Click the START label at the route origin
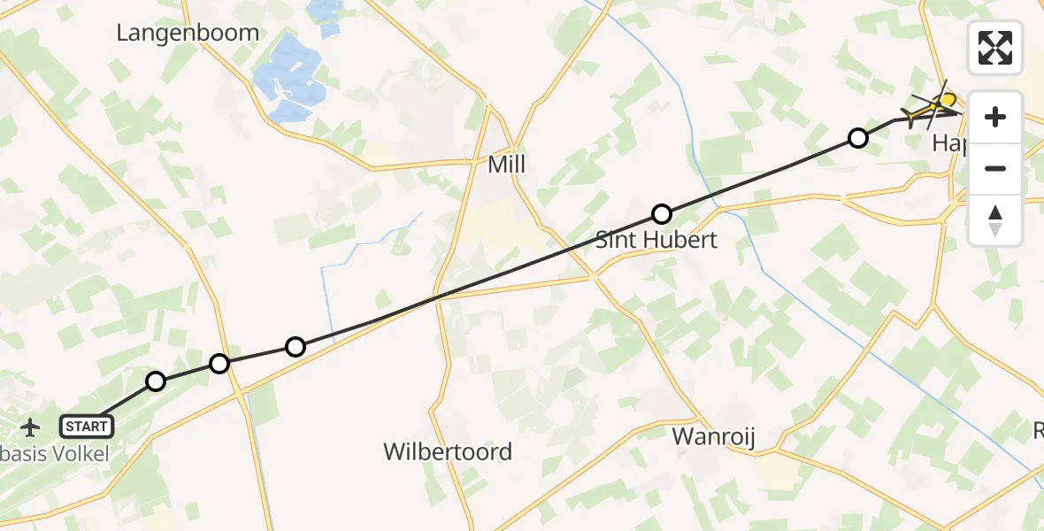click(87, 427)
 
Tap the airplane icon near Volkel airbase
click(31, 427)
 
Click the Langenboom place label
click(188, 33)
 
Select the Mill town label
click(507, 165)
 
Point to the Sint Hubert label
click(656, 239)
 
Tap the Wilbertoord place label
click(447, 451)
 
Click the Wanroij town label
click(713, 436)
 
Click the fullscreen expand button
click(995, 47)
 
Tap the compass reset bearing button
click(995, 219)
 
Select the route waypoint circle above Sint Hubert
click(662, 213)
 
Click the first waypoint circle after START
click(156, 381)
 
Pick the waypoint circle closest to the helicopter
click(857, 137)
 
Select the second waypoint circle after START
click(219, 363)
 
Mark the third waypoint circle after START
click(296, 346)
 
